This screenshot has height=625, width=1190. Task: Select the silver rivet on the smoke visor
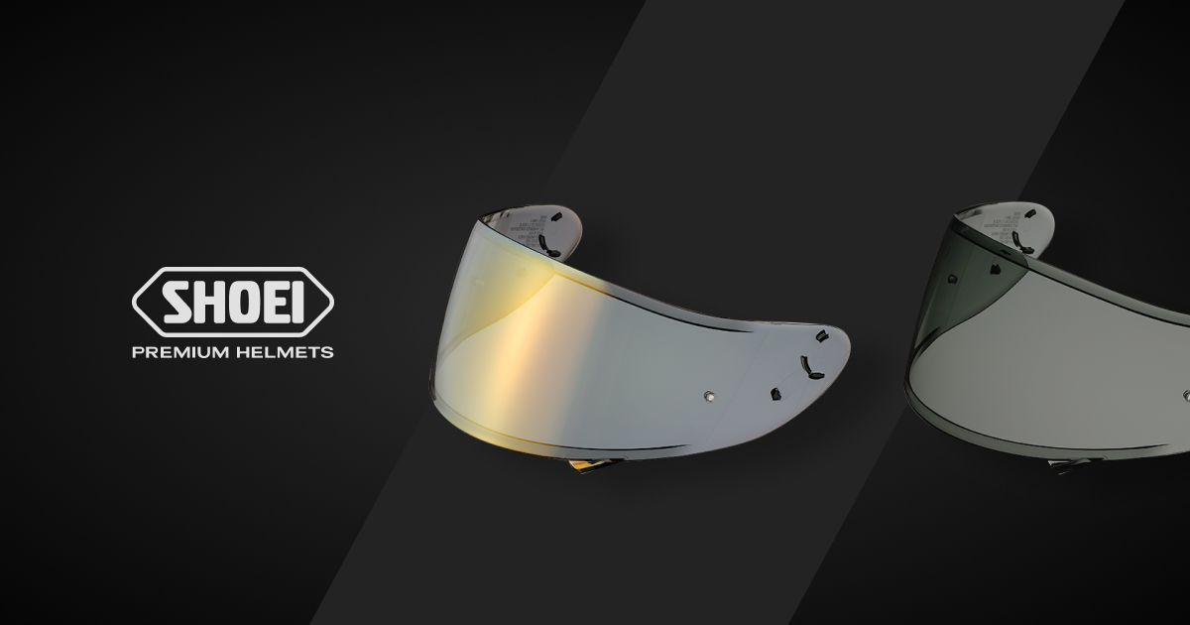(1184, 397)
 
